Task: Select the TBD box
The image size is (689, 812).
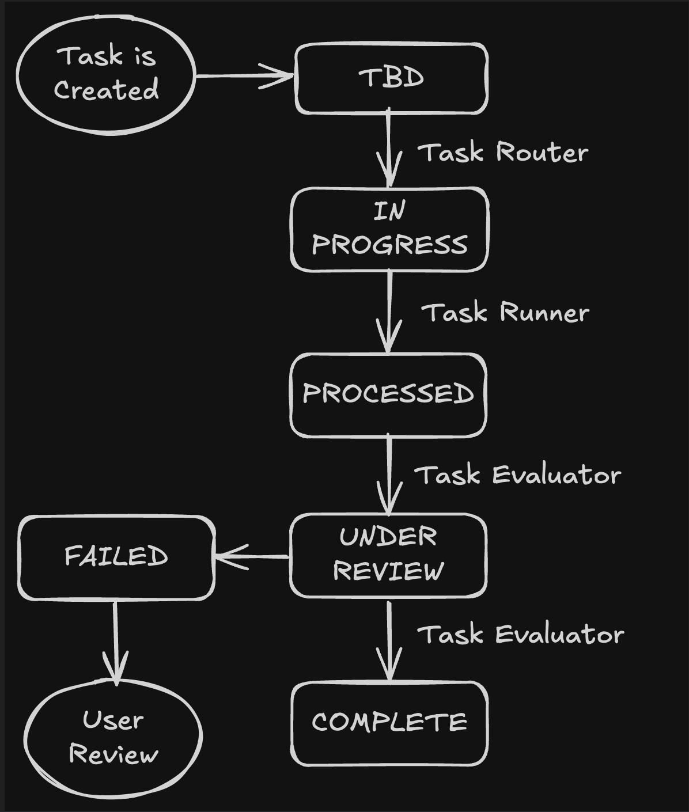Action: coord(391,78)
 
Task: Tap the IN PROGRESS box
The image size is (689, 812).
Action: coord(390,229)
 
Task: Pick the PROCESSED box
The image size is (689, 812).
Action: coord(388,394)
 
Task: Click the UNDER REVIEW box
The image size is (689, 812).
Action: coord(388,555)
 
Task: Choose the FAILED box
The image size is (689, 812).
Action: coord(116,557)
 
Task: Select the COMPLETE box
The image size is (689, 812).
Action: coord(389,723)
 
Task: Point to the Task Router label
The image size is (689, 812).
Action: coord(503,153)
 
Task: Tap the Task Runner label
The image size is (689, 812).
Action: coord(505,313)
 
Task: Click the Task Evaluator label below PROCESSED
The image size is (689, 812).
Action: coord(517,476)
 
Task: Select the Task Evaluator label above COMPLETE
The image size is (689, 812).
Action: coord(520,635)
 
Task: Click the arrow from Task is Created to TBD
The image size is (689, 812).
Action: coord(245,75)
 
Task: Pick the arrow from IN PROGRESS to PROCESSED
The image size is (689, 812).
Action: coord(389,311)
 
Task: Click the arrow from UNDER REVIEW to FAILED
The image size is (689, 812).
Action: coord(252,556)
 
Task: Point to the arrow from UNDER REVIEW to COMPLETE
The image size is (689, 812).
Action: coord(389,639)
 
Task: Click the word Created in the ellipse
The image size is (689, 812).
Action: coord(106,90)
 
